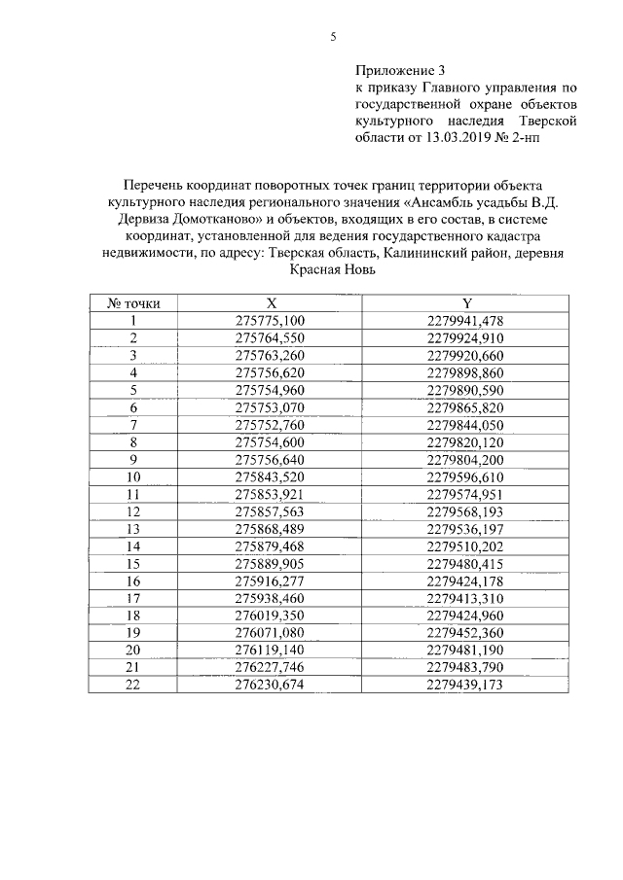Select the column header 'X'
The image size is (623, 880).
pyautogui.click(x=271, y=302)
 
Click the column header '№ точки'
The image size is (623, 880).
pyautogui.click(x=132, y=302)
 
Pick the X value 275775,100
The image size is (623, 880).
pyautogui.click(x=271, y=320)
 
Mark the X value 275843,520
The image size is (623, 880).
pyautogui.click(x=271, y=476)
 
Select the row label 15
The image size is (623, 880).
pyautogui.click(x=132, y=564)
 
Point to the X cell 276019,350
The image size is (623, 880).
pyautogui.click(x=271, y=616)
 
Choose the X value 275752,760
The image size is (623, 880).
pyautogui.click(x=271, y=425)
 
